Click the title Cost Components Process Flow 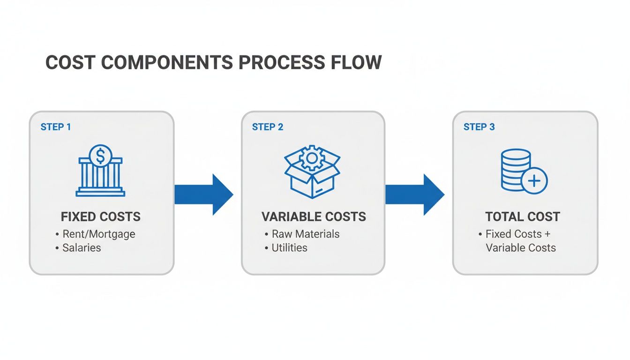click(213, 62)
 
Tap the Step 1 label click(56, 127)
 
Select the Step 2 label click(268, 127)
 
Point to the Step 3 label click(479, 127)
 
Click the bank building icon click(100, 171)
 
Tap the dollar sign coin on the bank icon click(100, 155)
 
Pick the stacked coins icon click(516, 170)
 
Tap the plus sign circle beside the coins click(534, 180)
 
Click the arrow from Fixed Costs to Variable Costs click(203, 194)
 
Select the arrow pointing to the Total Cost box click(414, 194)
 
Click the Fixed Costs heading click(101, 217)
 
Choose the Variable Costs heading click(314, 217)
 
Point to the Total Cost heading click(523, 217)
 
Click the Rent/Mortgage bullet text click(98, 233)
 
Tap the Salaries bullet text click(82, 247)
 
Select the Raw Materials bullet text click(306, 233)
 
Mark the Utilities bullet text click(289, 247)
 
